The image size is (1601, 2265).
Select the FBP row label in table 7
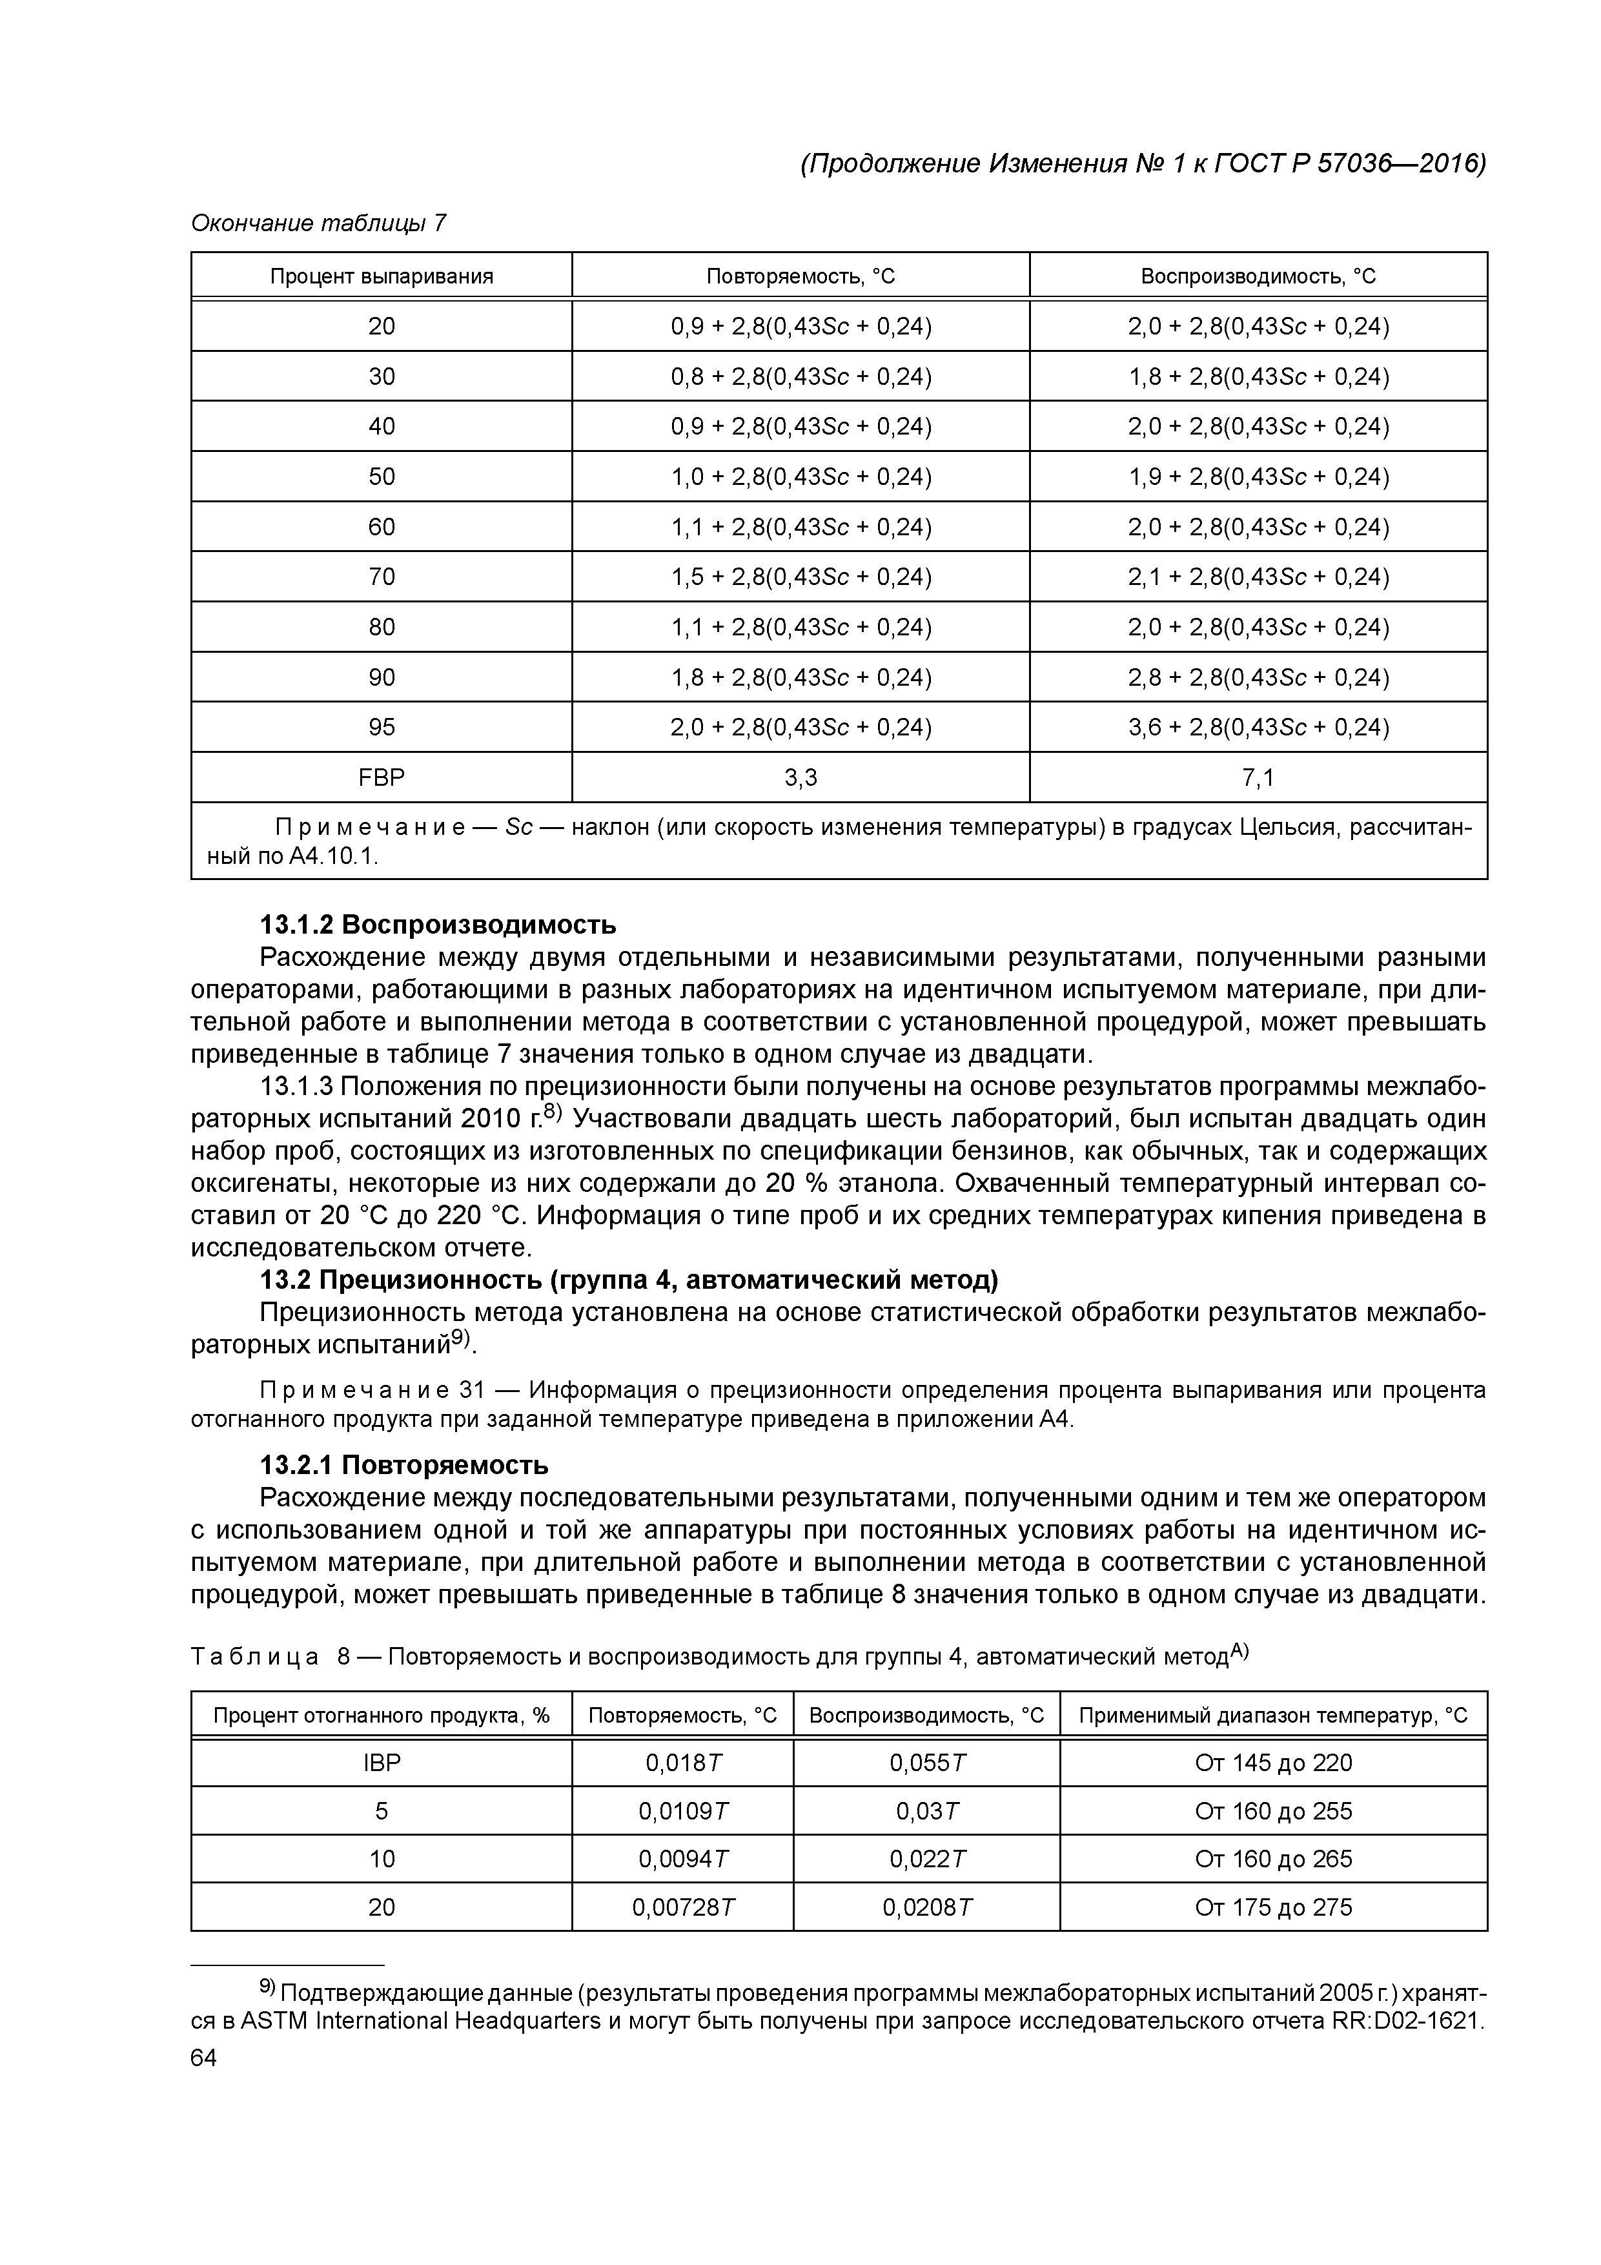coord(381,777)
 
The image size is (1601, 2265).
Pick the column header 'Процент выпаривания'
coord(381,276)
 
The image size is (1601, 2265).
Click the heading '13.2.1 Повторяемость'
coord(403,1463)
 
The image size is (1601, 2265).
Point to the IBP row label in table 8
coord(381,1763)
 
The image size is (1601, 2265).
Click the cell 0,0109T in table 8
coord(682,1811)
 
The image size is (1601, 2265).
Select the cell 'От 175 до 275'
coord(1272,1907)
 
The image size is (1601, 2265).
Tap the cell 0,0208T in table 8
coord(926,1907)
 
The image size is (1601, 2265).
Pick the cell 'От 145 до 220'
coord(1272,1763)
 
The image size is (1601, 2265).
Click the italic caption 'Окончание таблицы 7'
coord(318,224)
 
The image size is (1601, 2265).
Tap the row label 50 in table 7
coord(381,477)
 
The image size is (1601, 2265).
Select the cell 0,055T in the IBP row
coord(926,1763)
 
